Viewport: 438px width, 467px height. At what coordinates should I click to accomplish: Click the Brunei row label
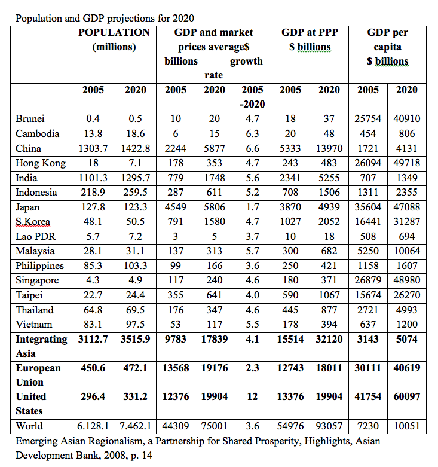[30, 118]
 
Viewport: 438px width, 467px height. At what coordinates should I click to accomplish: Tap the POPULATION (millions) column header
[114, 39]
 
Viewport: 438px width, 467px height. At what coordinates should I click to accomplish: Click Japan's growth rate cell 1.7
[252, 207]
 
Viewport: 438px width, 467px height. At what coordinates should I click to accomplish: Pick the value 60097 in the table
[407, 396]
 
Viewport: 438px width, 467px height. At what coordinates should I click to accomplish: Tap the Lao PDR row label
[36, 236]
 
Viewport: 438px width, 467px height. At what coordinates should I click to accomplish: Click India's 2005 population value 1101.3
[93, 178]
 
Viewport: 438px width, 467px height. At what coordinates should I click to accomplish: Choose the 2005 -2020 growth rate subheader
[252, 96]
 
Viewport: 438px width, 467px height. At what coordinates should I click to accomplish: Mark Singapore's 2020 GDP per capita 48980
[407, 280]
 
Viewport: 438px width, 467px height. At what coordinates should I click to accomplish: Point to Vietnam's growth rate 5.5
[252, 324]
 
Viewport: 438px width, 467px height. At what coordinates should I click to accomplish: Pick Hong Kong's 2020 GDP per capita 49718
[407, 163]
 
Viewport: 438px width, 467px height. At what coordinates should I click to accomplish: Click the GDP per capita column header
[388, 47]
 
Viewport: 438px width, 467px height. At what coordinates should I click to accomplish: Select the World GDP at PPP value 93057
[329, 426]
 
